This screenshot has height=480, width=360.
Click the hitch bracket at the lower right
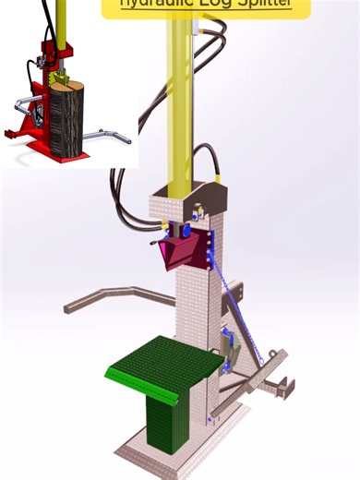[x=277, y=384]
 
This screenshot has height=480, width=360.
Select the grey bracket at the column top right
[x=213, y=198]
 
